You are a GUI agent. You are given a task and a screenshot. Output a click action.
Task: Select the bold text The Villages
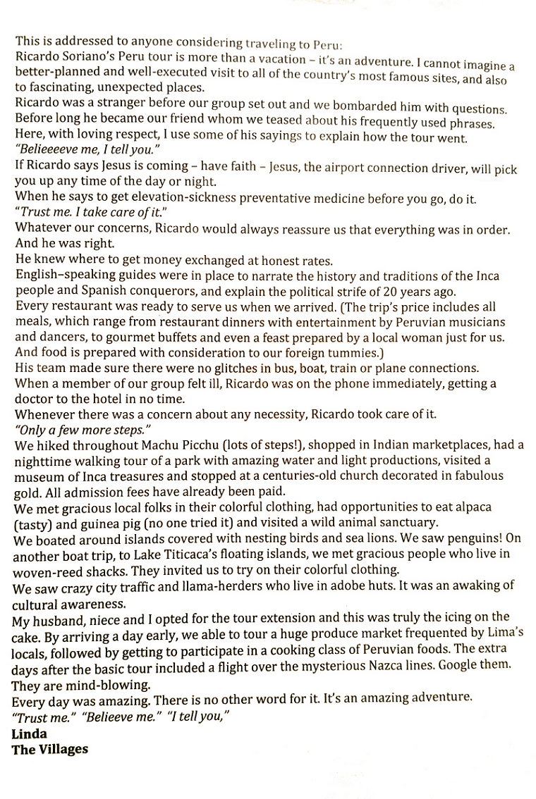click(50, 748)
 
